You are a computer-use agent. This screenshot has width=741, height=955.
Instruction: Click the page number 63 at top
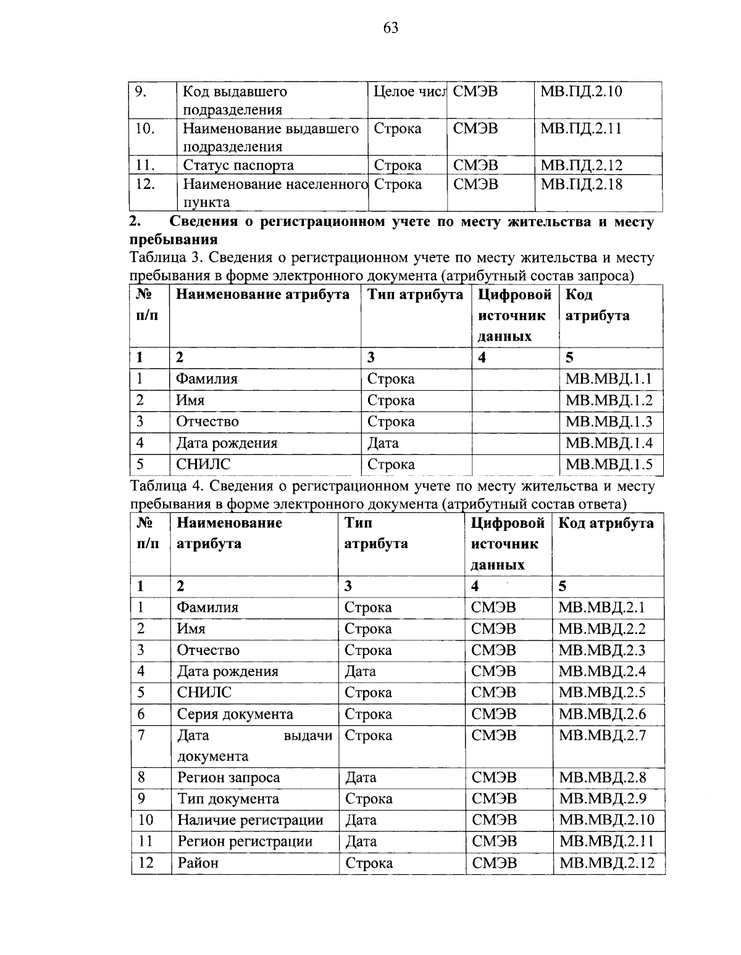coord(391,28)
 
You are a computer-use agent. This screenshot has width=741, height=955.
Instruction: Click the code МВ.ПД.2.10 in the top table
coord(581,92)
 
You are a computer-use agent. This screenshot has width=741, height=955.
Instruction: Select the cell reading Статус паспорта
coord(238,165)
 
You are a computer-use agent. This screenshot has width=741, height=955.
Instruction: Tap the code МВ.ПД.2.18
coord(581,184)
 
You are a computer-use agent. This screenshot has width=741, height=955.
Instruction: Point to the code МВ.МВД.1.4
coord(609,443)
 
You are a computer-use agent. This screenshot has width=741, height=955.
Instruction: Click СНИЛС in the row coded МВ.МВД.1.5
coord(203,464)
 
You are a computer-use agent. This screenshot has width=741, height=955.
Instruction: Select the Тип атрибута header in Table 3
coord(415,295)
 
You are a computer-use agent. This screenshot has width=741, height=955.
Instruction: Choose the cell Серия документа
coord(235,714)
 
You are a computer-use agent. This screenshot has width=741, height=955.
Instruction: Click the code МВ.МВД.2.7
coord(602,735)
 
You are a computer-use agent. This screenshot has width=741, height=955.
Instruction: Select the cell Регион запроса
coord(228,778)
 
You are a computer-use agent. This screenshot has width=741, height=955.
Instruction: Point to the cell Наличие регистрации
coord(250,820)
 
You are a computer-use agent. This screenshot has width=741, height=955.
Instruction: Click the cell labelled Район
coord(198,863)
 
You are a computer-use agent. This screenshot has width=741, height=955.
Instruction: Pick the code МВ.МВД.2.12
coord(606,863)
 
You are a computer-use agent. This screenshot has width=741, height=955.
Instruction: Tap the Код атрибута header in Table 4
coord(606,523)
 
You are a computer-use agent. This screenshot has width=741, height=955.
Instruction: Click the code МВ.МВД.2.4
coord(602,672)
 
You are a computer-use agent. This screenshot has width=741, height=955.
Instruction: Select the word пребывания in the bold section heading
coord(174,239)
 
